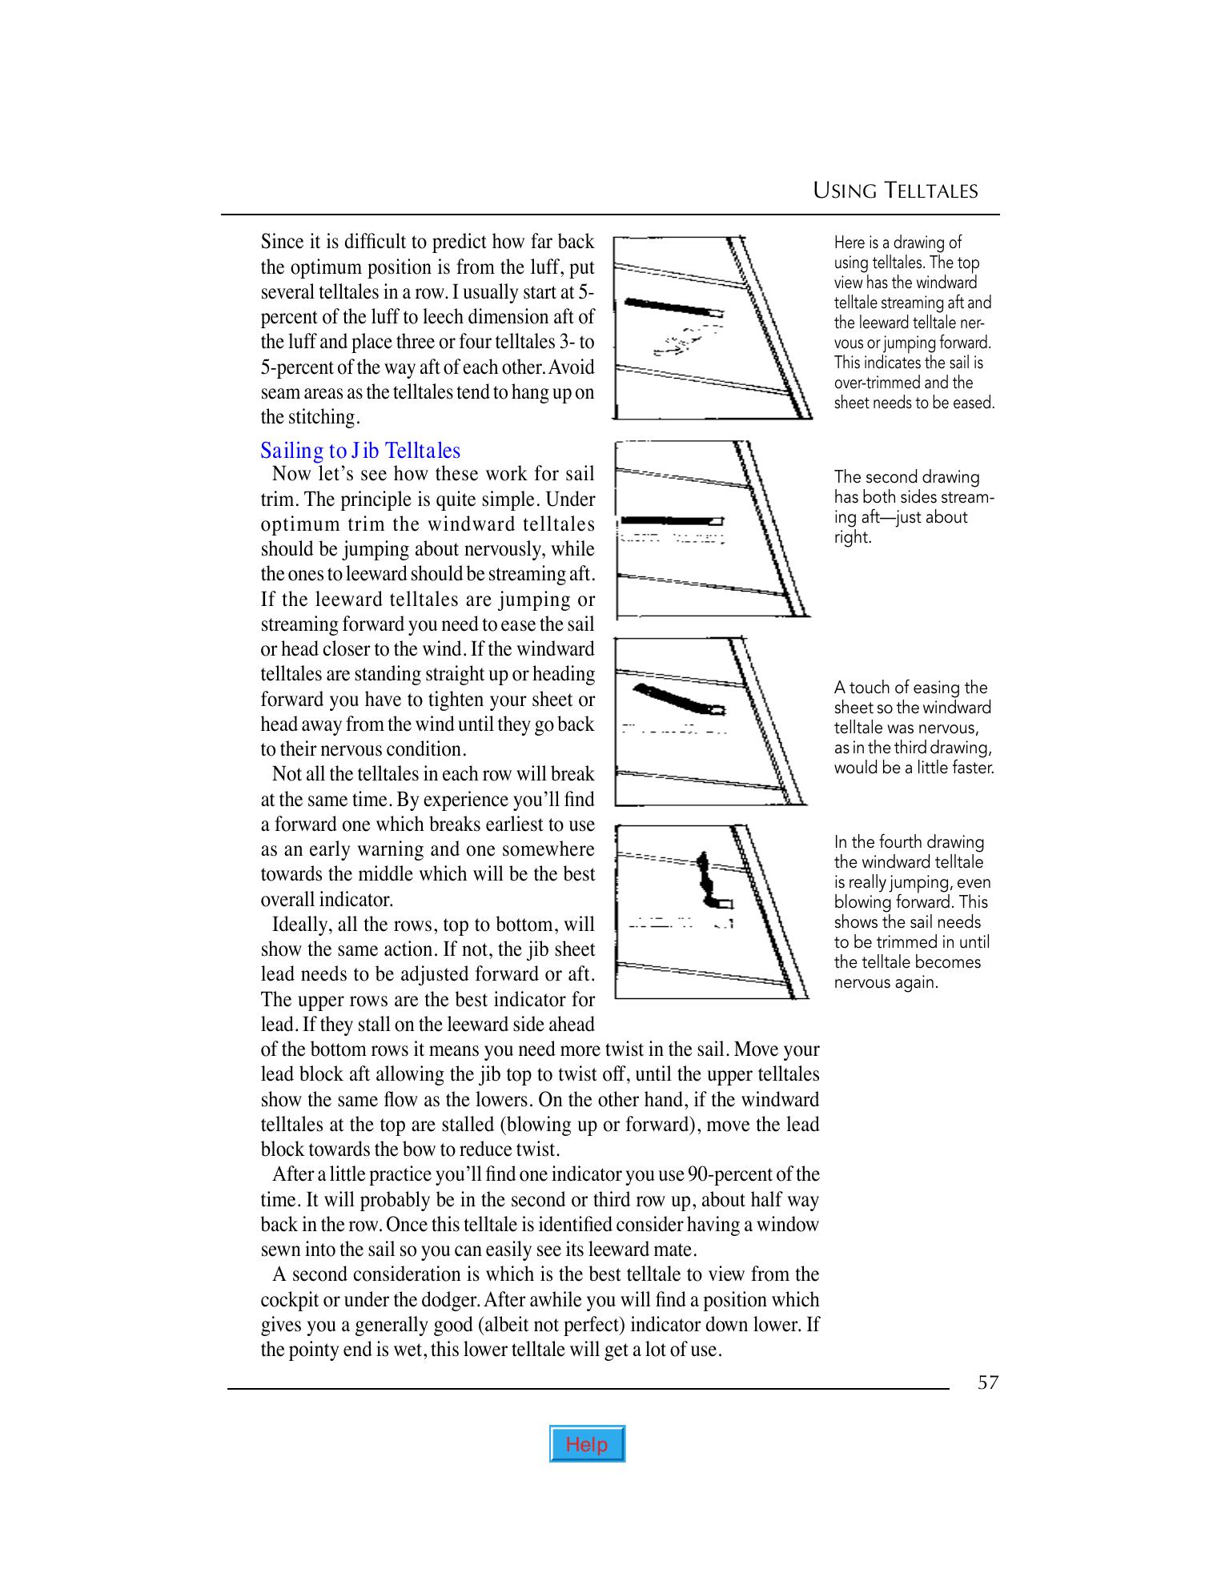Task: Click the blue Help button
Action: tap(587, 1443)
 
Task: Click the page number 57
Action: tap(988, 1382)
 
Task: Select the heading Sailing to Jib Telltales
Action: tap(360, 450)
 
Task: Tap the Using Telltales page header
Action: tap(895, 191)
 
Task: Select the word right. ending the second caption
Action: tap(852, 537)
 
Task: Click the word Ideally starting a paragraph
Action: tap(301, 925)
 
